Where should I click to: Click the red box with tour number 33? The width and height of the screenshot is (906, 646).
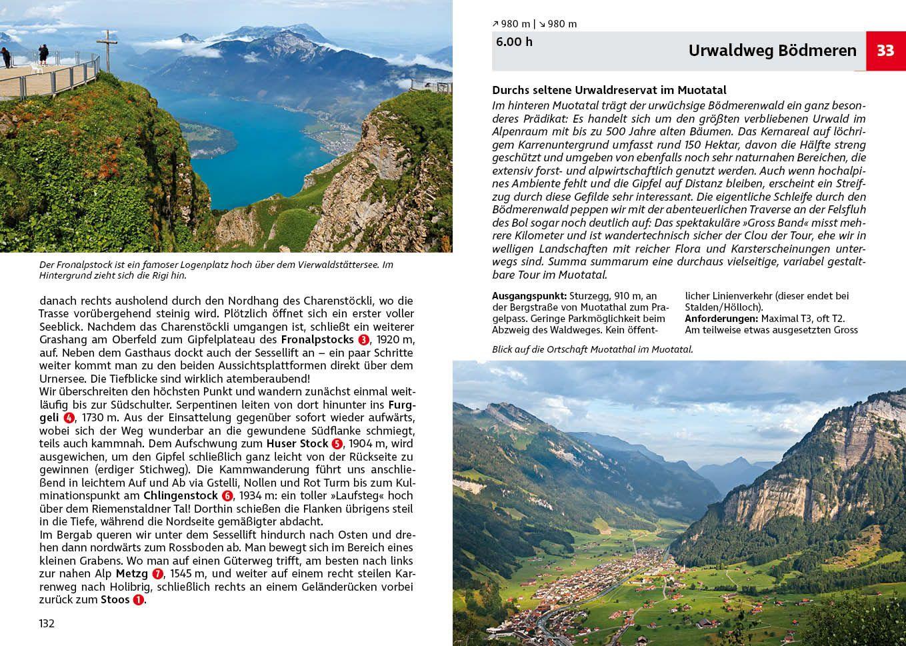pyautogui.click(x=885, y=51)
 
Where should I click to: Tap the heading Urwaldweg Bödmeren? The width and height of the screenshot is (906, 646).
pyautogui.click(x=772, y=51)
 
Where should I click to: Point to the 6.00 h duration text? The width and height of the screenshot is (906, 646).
pyautogui.click(x=514, y=41)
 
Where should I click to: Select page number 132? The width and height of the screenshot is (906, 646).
pyautogui.click(x=47, y=623)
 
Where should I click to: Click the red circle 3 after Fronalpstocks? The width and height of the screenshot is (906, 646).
pyautogui.click(x=363, y=340)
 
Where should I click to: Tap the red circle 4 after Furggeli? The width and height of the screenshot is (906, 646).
pyautogui.click(x=69, y=418)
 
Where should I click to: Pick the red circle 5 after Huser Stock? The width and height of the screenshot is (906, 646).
pyautogui.click(x=337, y=444)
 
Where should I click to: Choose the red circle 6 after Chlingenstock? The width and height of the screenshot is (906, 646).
pyautogui.click(x=227, y=496)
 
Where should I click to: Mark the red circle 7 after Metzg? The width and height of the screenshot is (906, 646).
pyautogui.click(x=157, y=574)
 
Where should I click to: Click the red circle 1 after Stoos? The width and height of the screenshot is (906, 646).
pyautogui.click(x=138, y=600)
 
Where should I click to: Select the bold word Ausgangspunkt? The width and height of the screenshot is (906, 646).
pyautogui.click(x=529, y=296)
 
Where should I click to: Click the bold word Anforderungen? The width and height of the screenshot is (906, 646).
pyautogui.click(x=721, y=319)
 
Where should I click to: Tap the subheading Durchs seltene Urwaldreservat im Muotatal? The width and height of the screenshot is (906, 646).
pyautogui.click(x=609, y=90)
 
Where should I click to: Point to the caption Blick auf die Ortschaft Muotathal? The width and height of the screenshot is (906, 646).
pyautogui.click(x=592, y=349)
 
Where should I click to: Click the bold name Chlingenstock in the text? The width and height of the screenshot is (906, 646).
pyautogui.click(x=181, y=496)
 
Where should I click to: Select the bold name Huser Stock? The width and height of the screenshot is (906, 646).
pyautogui.click(x=297, y=444)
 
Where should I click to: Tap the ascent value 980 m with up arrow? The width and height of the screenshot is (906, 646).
pyautogui.click(x=511, y=24)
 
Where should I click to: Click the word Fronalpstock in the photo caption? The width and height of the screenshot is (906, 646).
pyautogui.click(x=81, y=265)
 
